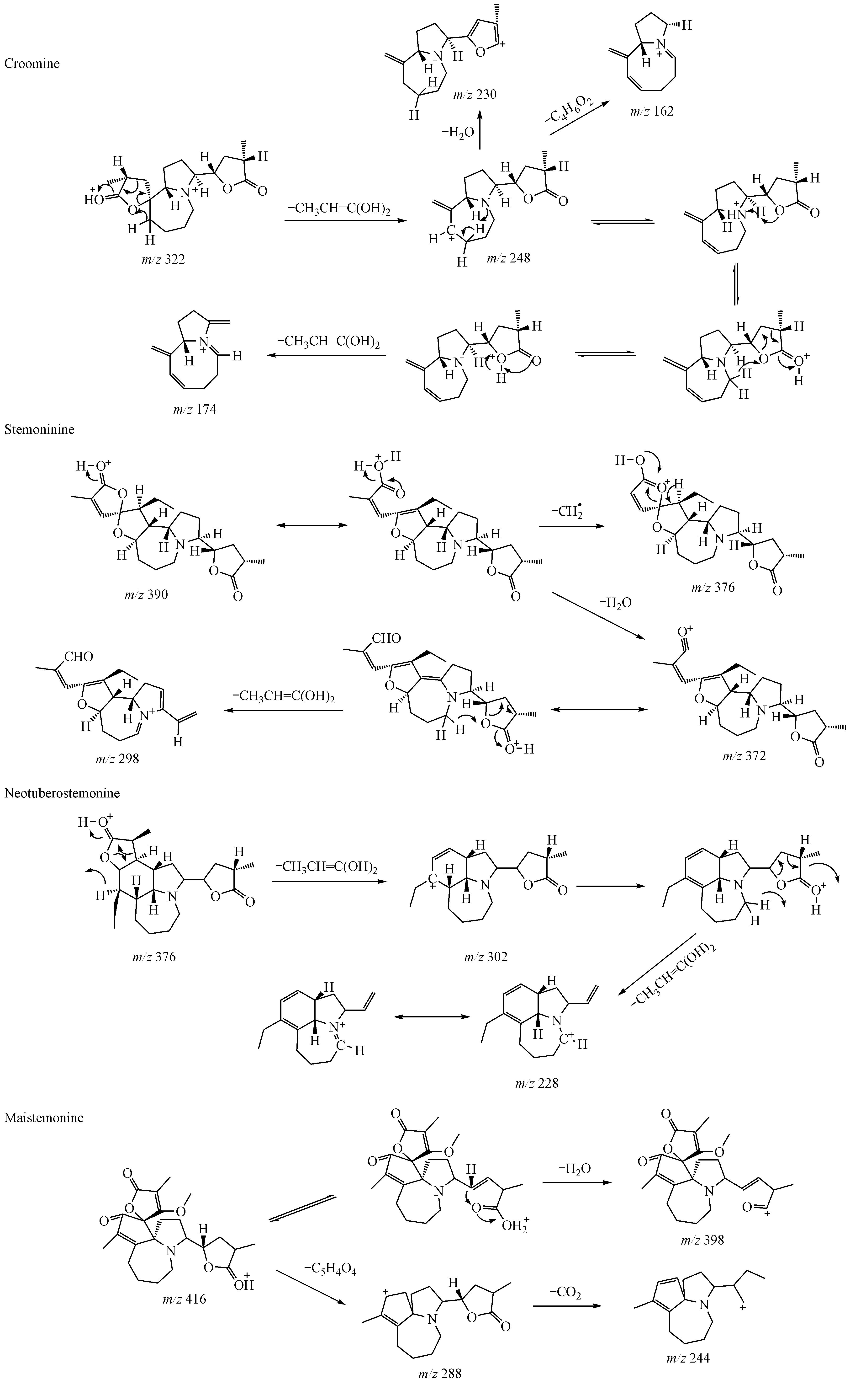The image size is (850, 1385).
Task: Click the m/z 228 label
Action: tap(537, 1082)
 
